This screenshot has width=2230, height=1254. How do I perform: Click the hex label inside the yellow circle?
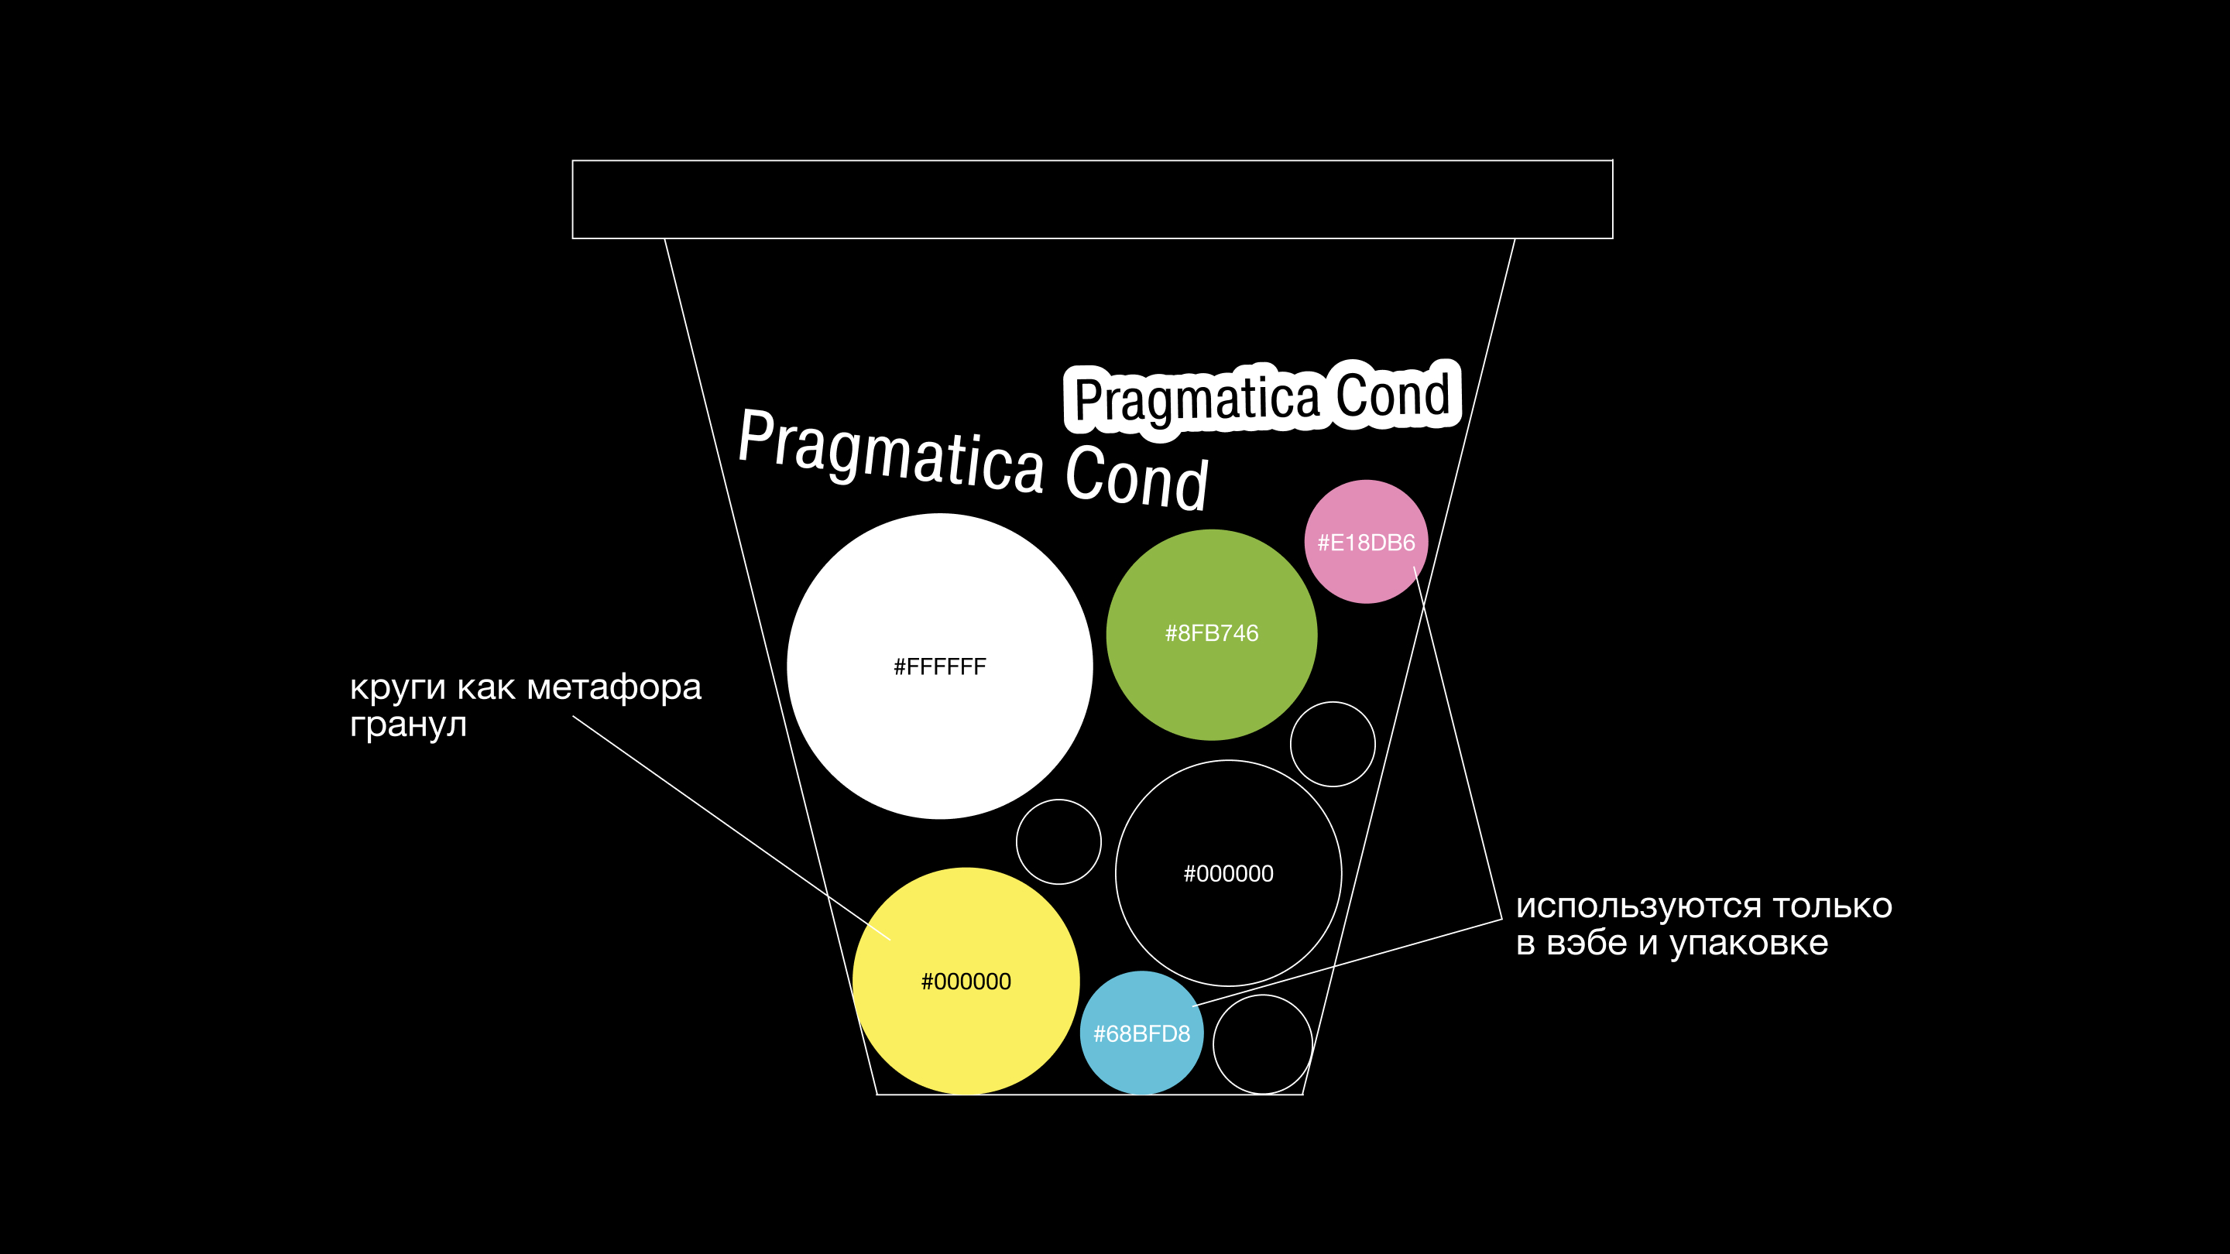coord(966,982)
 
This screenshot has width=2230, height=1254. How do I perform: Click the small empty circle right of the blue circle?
coord(1262,1044)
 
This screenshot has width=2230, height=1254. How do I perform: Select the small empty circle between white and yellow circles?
coord(1058,841)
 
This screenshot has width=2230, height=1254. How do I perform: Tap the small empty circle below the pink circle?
coord(1333,743)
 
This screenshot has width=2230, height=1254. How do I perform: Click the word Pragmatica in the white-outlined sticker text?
coord(1196,399)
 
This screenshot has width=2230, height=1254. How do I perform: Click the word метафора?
coord(614,688)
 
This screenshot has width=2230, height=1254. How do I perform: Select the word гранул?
coord(408,725)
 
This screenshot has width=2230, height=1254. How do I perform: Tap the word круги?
coord(397,688)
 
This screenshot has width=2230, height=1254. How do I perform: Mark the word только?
coord(1832,906)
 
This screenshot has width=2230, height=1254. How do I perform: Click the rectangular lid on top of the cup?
coord(1092,199)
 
